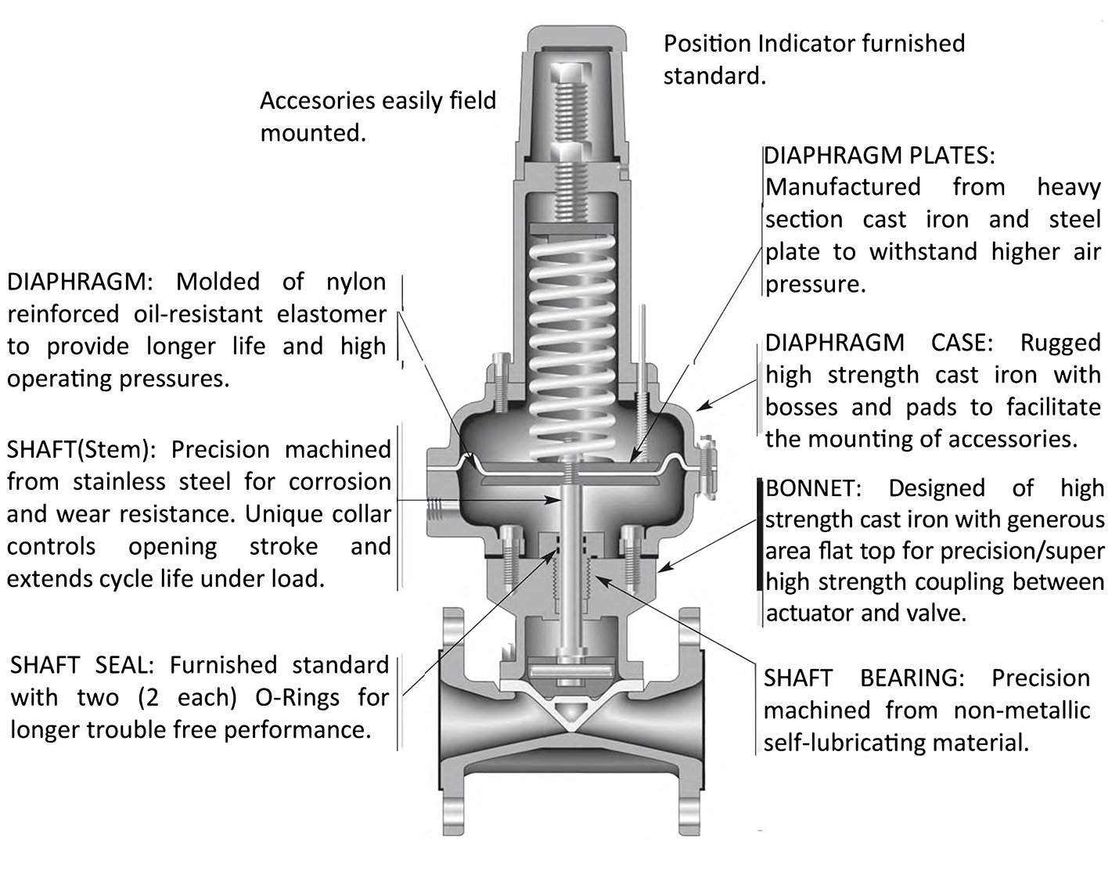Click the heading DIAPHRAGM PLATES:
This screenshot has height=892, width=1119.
[880, 155]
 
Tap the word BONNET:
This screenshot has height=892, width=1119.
[813, 488]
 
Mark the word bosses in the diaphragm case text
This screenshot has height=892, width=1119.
[802, 407]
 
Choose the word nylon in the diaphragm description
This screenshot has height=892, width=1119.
[356, 282]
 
